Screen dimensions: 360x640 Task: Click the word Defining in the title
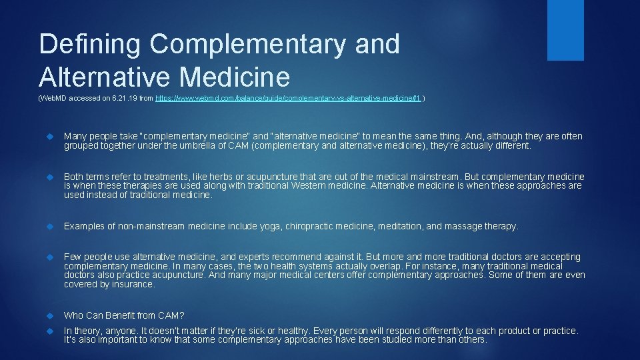[89, 45]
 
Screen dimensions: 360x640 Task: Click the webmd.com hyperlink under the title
[288, 98]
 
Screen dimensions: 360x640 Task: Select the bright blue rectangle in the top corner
[565, 29]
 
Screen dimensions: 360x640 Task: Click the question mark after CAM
[182, 315]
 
